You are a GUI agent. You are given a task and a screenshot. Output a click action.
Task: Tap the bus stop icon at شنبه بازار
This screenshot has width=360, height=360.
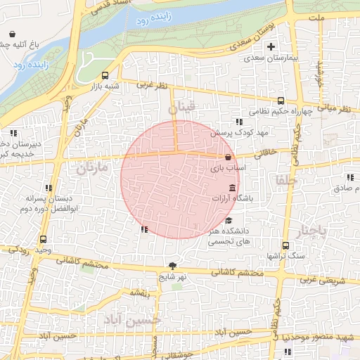105,75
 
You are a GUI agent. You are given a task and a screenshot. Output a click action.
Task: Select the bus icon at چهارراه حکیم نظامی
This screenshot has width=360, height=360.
281,101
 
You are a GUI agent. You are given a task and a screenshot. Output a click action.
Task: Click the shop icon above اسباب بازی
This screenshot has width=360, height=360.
228,157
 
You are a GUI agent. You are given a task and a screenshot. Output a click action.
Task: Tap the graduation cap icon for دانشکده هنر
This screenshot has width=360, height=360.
229,220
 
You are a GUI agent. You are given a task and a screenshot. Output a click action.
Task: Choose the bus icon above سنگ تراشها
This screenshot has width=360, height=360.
285,245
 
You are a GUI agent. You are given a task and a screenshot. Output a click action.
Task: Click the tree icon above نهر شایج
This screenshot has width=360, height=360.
173,265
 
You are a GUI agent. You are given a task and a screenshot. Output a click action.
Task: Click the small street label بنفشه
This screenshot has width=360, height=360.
140,292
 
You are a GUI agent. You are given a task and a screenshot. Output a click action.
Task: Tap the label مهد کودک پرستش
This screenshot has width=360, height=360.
230,132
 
